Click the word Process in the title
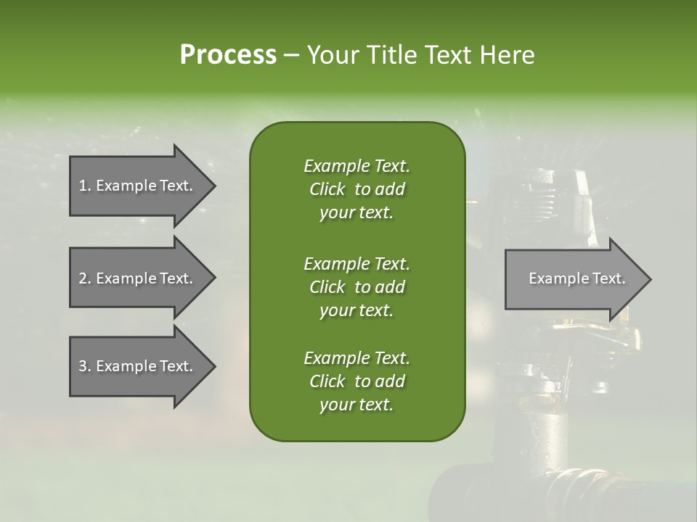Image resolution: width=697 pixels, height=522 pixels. (228, 55)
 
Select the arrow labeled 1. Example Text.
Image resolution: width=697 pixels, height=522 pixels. (138, 186)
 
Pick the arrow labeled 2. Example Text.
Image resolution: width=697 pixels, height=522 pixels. (138, 278)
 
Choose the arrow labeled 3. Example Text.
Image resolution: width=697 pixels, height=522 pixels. (138, 366)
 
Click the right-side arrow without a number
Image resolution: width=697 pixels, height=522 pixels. (574, 278)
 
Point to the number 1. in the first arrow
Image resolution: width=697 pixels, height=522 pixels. (84, 186)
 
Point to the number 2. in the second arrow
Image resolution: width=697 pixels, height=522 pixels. (84, 278)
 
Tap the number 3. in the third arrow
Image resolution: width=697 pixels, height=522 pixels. (84, 366)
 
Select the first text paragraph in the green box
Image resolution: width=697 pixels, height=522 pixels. (356, 189)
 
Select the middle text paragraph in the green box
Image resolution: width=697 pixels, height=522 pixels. (356, 286)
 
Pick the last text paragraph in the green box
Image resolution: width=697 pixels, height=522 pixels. (356, 381)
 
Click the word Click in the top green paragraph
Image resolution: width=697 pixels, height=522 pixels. (327, 189)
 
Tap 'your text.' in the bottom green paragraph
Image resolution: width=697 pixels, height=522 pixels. (356, 405)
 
